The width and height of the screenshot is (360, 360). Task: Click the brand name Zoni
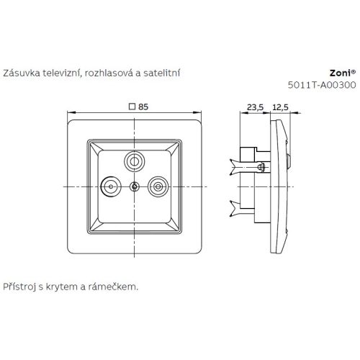pyautogui.click(x=338, y=73)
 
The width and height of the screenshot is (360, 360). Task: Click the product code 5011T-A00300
pyautogui.click(x=322, y=86)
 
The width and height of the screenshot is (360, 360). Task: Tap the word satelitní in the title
pyautogui.click(x=162, y=73)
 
